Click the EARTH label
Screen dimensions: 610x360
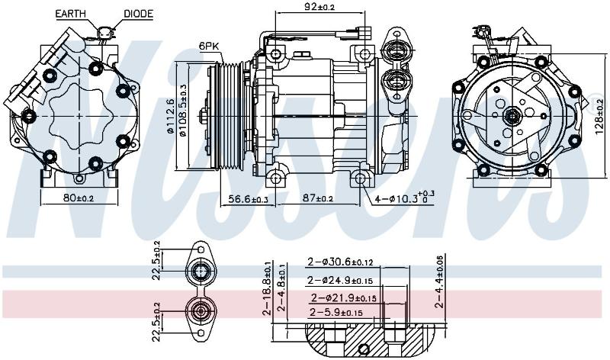pyautogui.click(x=70, y=14)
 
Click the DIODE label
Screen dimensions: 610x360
pyautogui.click(x=138, y=14)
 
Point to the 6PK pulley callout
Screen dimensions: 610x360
pyautogui.click(x=209, y=46)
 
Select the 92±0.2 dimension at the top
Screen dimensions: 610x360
pyautogui.click(x=319, y=7)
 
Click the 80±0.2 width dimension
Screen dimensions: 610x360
pyautogui.click(x=79, y=198)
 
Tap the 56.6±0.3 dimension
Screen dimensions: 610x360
pyautogui.click(x=249, y=199)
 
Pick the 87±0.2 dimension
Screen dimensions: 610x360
pyautogui.click(x=318, y=198)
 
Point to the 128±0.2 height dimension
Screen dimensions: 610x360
pyautogui.click(x=600, y=117)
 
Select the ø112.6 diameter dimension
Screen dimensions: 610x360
pyautogui.click(x=170, y=116)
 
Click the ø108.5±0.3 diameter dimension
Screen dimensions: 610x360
pyautogui.click(x=182, y=111)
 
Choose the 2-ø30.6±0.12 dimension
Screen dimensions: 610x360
pyautogui.click(x=340, y=262)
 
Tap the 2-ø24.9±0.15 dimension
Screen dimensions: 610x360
pyautogui.click(x=340, y=280)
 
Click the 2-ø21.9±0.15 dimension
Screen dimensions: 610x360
pyautogui.click(x=344, y=297)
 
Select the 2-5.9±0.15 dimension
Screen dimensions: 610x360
pyautogui.click(x=336, y=312)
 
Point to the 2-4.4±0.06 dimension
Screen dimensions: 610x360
pyautogui.click(x=439, y=281)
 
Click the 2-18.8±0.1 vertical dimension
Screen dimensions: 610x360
pyautogui.click(x=268, y=288)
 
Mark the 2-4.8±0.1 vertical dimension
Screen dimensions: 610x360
pyautogui.click(x=281, y=288)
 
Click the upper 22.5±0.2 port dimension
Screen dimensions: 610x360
pyautogui.click(x=157, y=260)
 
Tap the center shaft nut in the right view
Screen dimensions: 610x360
pyautogui.click(x=512, y=115)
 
